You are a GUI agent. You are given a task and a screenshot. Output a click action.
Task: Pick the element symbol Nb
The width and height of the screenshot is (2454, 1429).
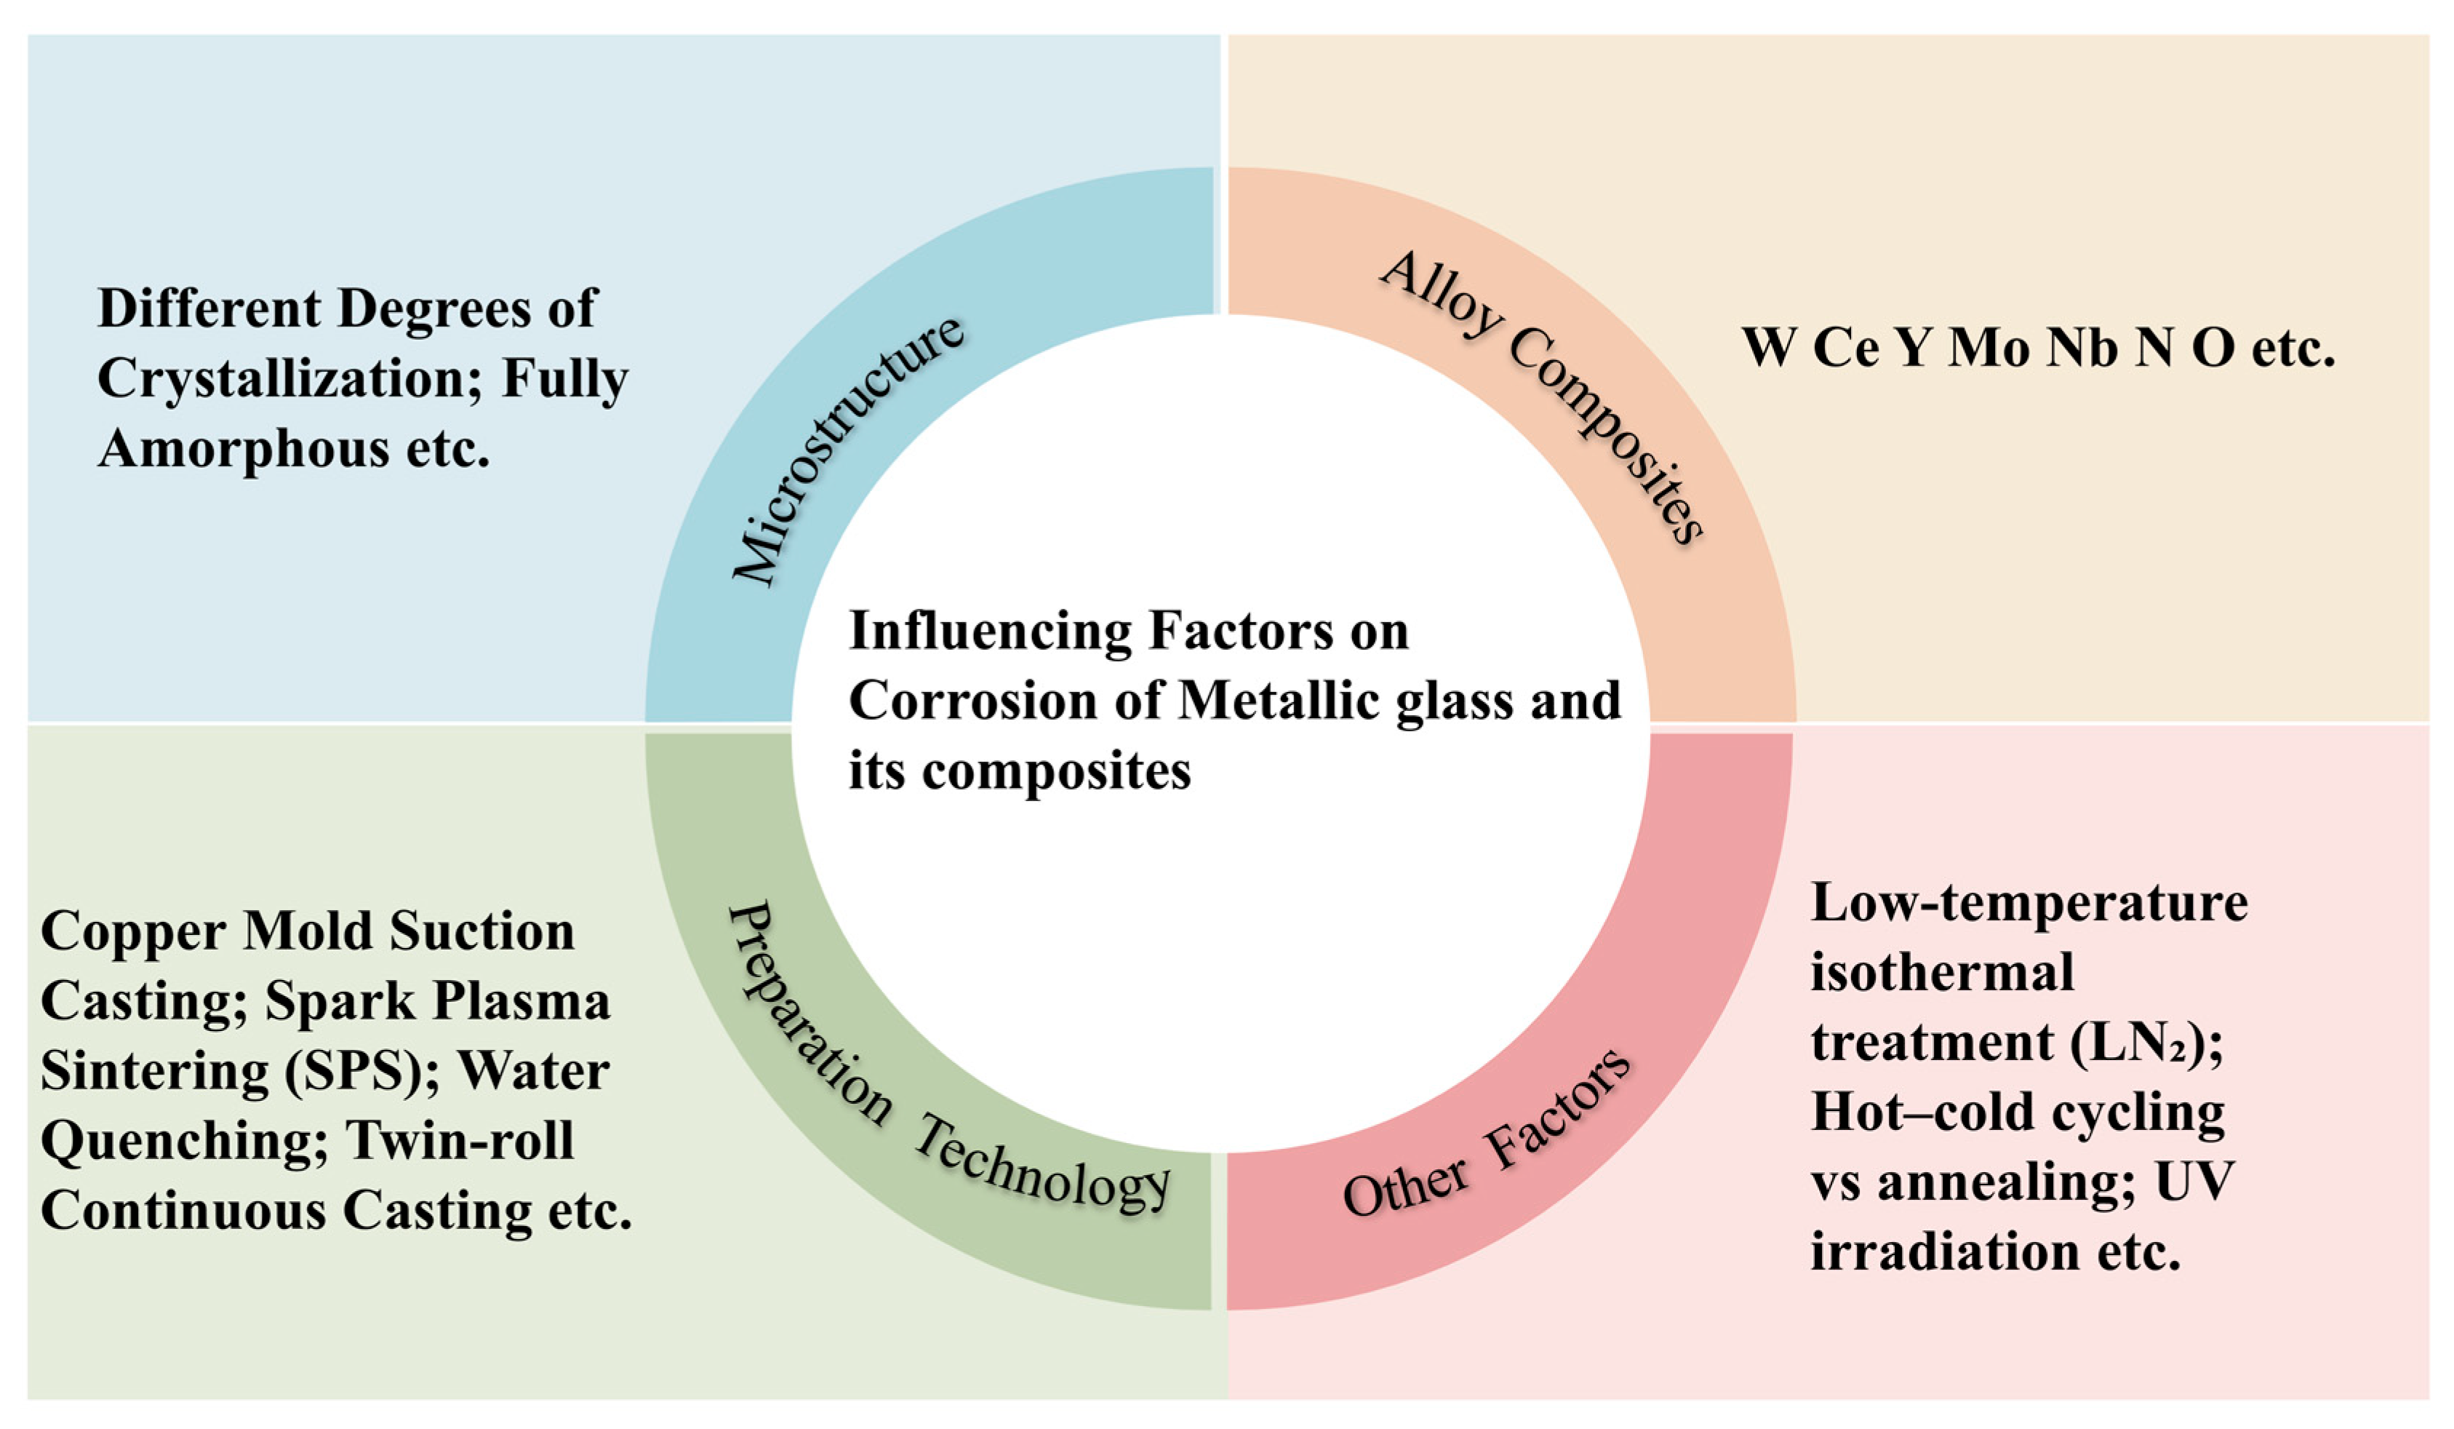(2082, 348)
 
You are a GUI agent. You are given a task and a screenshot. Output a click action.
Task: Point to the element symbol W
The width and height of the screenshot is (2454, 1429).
(1768, 348)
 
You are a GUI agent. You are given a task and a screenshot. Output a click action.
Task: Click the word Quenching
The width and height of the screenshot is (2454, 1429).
(184, 1142)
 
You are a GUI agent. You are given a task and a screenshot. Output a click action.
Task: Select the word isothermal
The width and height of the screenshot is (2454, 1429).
(1942, 972)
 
